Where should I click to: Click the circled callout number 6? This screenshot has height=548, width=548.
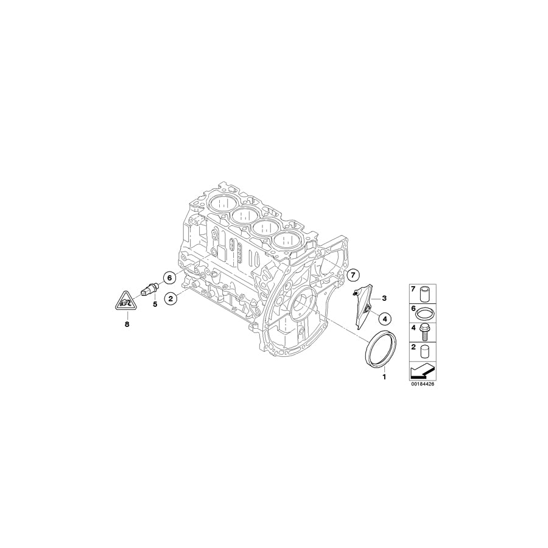click(x=170, y=278)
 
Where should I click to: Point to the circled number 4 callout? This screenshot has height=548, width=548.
click(x=384, y=317)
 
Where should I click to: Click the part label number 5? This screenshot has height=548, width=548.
click(x=155, y=304)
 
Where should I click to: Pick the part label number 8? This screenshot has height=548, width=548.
click(x=127, y=325)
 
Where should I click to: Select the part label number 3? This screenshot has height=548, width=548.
click(x=384, y=298)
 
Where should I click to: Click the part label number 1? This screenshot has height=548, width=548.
click(x=384, y=377)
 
